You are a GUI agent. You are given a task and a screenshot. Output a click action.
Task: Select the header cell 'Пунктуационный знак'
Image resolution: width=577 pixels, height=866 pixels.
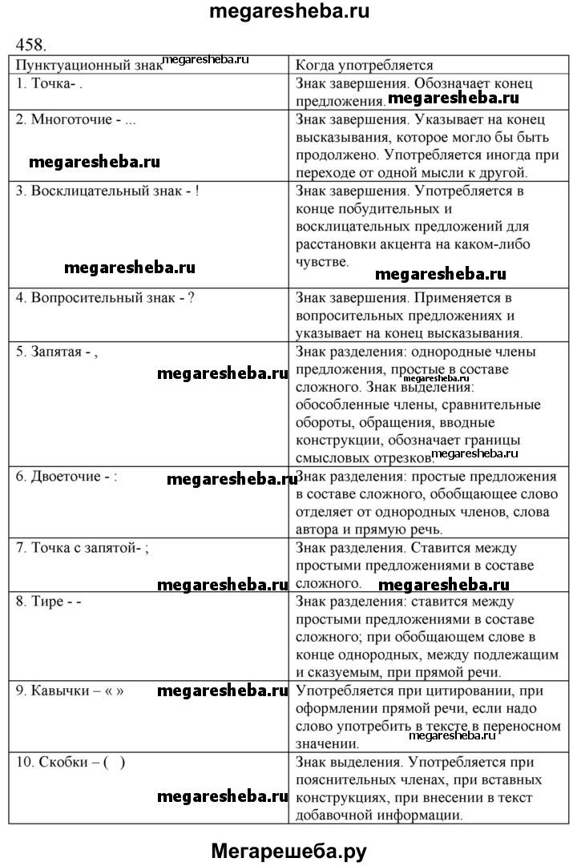pos(89,66)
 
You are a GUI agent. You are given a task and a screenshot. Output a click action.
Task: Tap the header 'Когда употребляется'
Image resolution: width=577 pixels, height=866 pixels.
pos(365,66)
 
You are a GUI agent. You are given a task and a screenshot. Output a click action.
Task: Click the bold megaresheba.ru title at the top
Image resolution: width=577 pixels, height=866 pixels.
pos(288,12)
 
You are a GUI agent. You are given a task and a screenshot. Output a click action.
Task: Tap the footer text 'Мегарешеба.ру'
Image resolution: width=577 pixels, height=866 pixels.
pos(288,849)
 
